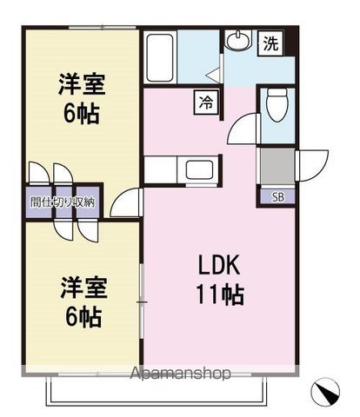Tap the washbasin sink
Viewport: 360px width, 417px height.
click(x=237, y=41)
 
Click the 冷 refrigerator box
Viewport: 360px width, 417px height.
click(x=206, y=103)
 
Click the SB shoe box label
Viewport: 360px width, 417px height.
click(x=278, y=197)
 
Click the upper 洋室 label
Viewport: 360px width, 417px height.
click(x=82, y=84)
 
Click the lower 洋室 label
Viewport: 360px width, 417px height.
click(x=83, y=286)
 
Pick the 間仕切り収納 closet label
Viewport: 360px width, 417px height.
click(x=63, y=202)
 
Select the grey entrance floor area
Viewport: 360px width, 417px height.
click(x=277, y=166)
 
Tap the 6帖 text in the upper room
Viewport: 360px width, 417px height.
click(x=81, y=113)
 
